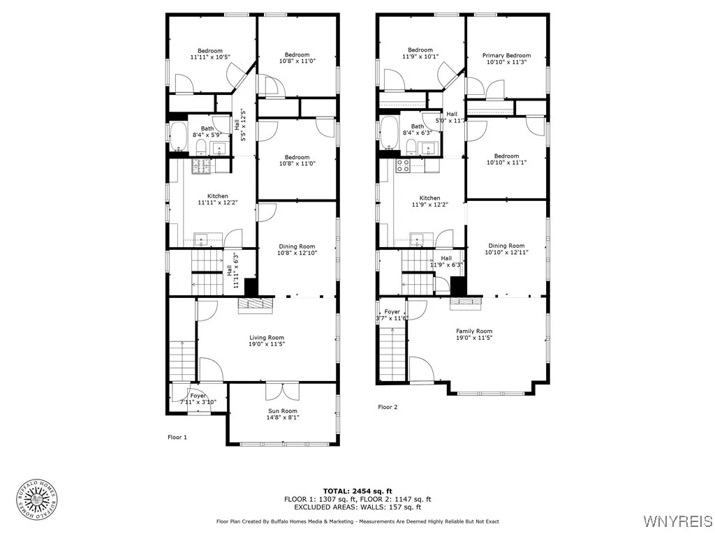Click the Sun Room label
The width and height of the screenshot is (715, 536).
(283, 411)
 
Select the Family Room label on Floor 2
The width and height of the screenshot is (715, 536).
(474, 332)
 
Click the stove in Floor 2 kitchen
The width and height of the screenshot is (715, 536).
(403, 165)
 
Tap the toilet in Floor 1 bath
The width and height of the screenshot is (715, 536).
(201, 146)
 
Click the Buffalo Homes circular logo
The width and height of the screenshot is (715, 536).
(36, 500)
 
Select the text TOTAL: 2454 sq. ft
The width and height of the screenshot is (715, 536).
(357, 491)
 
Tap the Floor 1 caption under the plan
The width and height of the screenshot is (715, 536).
(177, 438)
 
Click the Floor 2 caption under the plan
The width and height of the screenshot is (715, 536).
(388, 407)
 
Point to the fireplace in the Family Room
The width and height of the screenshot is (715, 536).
(465, 301)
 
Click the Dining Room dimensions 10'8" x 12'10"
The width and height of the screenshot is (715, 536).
(297, 253)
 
